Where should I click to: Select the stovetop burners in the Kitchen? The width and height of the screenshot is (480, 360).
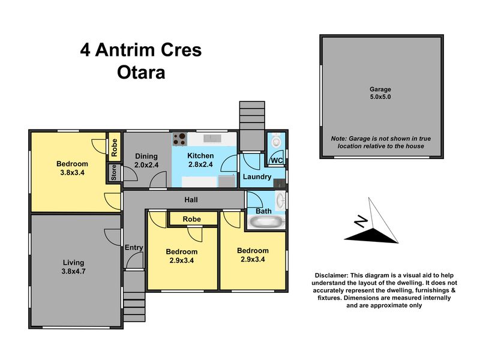(179, 139)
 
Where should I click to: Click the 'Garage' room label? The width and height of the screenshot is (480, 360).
(380, 89)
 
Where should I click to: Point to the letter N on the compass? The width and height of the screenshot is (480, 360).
(361, 221)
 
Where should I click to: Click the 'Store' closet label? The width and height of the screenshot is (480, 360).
(114, 173)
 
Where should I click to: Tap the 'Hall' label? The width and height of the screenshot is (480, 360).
(191, 200)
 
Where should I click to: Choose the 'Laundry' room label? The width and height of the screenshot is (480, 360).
(257, 176)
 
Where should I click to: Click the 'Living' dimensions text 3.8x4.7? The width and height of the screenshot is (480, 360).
(73, 271)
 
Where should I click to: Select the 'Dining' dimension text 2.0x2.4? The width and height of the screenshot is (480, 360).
(146, 165)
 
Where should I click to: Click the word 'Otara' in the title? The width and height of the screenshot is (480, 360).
(141, 73)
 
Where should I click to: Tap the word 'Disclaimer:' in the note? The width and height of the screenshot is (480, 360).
(332, 275)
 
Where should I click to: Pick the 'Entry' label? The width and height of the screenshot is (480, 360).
(134, 247)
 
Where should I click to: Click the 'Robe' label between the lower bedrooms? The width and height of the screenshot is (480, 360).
(192, 219)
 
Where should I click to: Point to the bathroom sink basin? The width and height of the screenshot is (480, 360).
(280, 201)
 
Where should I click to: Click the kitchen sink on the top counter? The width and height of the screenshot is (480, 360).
(212, 138)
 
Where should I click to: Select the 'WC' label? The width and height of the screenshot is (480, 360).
(277, 161)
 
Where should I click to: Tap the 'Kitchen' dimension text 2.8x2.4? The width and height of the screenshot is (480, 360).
(200, 164)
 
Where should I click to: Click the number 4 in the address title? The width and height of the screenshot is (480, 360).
(85, 50)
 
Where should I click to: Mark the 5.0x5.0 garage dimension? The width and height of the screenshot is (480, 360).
(380, 97)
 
